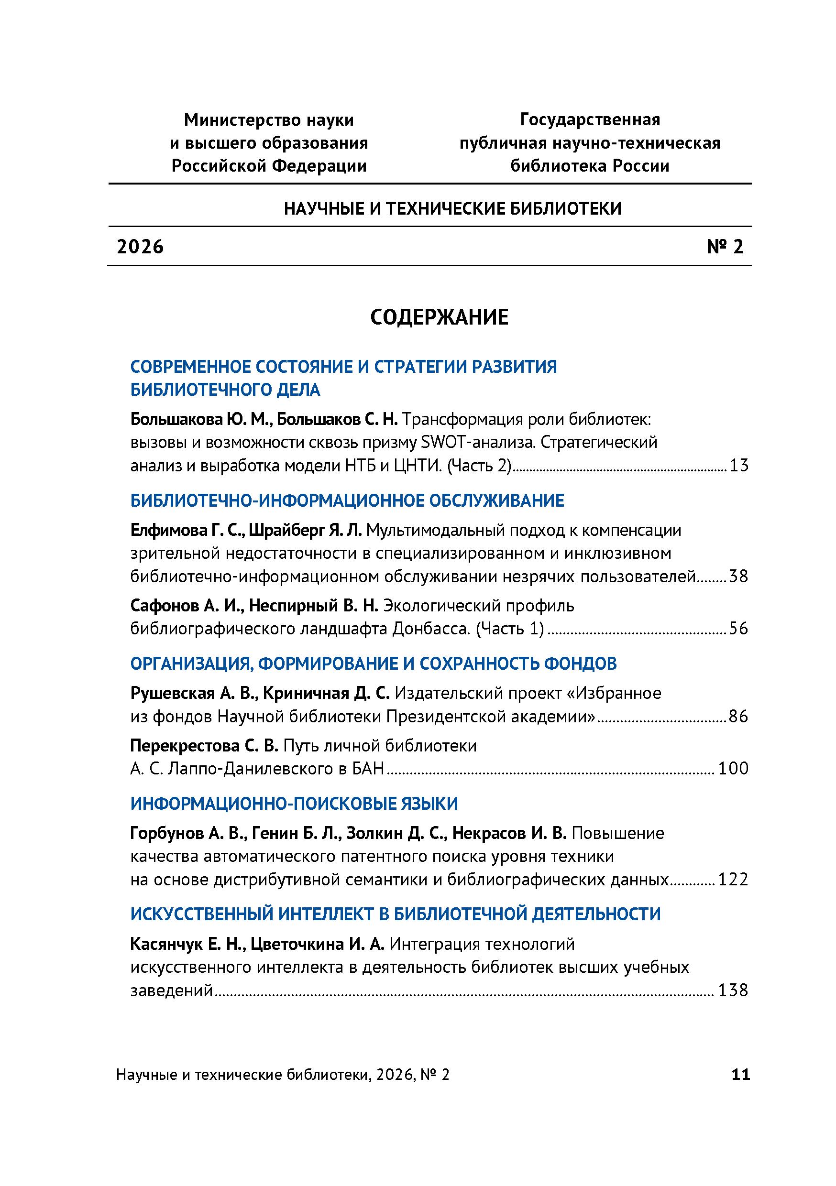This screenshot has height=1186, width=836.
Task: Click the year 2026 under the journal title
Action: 141,247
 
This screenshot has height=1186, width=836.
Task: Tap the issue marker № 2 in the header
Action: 725,247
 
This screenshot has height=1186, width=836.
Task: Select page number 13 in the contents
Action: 738,466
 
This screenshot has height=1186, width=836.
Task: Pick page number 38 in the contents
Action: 738,576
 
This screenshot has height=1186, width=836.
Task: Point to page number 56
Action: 738,629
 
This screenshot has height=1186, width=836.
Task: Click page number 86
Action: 738,717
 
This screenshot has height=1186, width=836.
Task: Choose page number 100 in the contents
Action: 733,769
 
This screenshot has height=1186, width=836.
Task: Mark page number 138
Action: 733,990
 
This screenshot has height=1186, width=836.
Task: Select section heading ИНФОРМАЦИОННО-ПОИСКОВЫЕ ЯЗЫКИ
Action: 294,804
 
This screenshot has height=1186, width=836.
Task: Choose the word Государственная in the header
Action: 590,120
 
